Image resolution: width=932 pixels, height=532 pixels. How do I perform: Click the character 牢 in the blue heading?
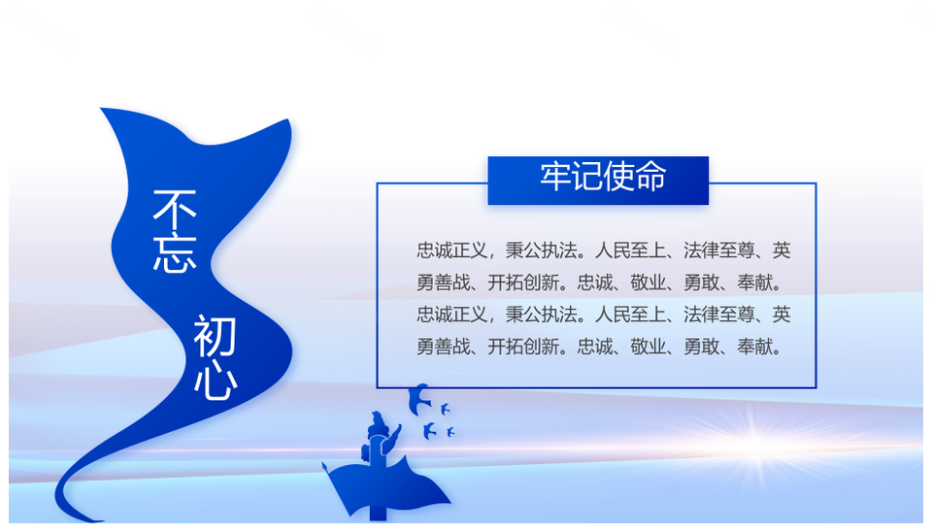pyautogui.click(x=555, y=177)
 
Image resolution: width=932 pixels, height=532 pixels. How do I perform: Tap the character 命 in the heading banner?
pyautogui.click(x=650, y=177)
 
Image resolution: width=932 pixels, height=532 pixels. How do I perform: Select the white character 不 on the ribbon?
pyautogui.click(x=175, y=210)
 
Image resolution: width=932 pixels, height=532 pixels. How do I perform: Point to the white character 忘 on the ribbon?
pyautogui.click(x=175, y=252)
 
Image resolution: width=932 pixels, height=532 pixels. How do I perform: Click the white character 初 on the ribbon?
pyautogui.click(x=215, y=336)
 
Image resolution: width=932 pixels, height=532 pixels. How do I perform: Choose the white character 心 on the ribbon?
pyautogui.click(x=216, y=381)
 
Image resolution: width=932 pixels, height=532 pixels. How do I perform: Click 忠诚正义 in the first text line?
pyautogui.click(x=451, y=250)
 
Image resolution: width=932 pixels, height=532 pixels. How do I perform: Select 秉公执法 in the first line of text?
pyautogui.click(x=541, y=250)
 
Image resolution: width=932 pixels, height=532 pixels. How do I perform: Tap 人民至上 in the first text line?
pyautogui.click(x=630, y=250)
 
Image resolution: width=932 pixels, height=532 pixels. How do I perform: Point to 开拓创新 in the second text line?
pyautogui.click(x=523, y=283)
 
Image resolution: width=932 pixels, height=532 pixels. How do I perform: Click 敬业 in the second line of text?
pyautogui.click(x=648, y=283)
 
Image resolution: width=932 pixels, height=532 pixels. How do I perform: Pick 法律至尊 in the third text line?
pyautogui.click(x=719, y=315)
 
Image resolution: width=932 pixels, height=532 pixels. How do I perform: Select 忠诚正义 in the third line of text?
pyautogui.click(x=451, y=315)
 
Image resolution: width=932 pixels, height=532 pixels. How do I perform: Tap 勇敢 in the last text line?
pyautogui.click(x=701, y=347)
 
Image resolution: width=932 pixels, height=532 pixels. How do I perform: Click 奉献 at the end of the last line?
pyautogui.click(x=755, y=347)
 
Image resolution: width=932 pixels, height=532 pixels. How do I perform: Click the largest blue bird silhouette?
pyautogui.click(x=418, y=399)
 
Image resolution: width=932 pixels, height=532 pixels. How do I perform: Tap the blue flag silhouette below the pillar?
pyautogui.click(x=386, y=486)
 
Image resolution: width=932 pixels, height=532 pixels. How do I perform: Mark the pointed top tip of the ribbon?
pyautogui.click(x=101, y=109)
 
